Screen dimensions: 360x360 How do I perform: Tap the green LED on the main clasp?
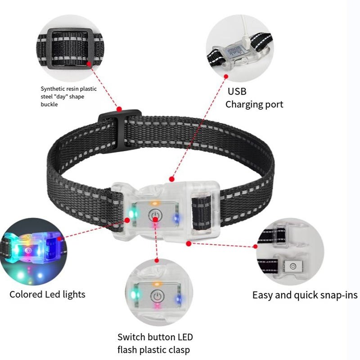click(x=131, y=213)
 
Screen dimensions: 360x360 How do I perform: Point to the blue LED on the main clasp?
click(x=175, y=218)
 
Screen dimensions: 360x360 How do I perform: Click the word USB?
click(x=237, y=91)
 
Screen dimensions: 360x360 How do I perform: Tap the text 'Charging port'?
click(x=254, y=104)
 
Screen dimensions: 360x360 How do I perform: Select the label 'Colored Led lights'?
click(x=47, y=295)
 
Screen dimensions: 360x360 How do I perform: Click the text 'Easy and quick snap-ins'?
click(x=305, y=295)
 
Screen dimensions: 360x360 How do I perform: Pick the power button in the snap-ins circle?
click(x=293, y=266)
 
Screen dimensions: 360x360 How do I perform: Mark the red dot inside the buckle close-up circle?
click(x=89, y=64)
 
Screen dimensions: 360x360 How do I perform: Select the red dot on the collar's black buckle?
click(x=119, y=109)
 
